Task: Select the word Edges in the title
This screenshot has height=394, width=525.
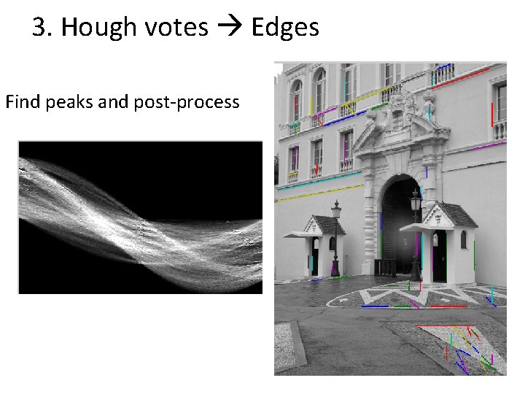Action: [x=285, y=28]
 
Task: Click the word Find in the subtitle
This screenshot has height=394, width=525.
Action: [x=22, y=101]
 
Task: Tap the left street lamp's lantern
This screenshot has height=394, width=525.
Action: [x=336, y=212]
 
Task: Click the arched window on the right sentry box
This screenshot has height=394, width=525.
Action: [x=464, y=240]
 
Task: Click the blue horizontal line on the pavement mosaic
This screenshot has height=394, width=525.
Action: [x=375, y=306]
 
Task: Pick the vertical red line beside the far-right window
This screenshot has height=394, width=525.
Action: [x=492, y=114]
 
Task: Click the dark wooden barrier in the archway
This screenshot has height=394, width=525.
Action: [x=386, y=267]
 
